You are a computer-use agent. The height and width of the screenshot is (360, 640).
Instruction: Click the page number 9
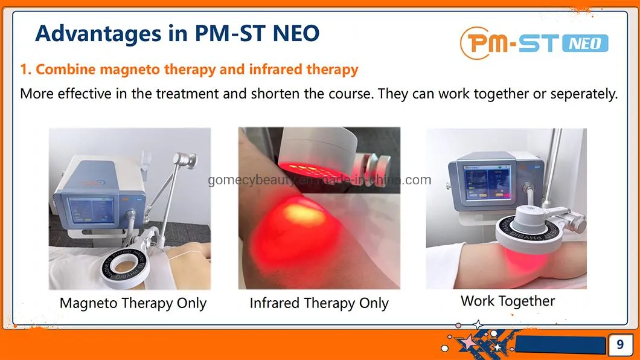click(x=620, y=345)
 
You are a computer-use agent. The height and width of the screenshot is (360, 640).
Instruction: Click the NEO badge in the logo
click(x=585, y=42)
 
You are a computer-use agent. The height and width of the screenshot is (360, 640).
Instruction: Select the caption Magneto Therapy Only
click(x=133, y=303)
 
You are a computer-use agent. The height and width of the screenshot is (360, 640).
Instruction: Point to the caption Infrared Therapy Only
click(x=319, y=303)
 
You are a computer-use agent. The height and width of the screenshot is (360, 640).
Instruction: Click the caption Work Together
click(x=507, y=301)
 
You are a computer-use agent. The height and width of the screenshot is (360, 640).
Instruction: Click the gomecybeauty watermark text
click(x=320, y=180)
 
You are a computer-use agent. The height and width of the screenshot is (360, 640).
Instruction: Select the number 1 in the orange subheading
click(x=24, y=69)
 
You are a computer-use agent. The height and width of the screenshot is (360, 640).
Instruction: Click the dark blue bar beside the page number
click(x=562, y=346)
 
